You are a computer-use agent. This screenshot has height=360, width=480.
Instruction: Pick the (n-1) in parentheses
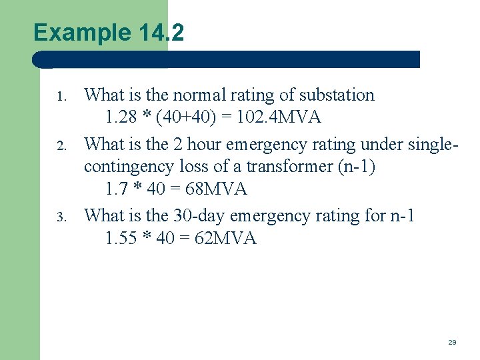click(x=357, y=167)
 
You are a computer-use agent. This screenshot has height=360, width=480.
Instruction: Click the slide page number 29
click(x=452, y=342)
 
